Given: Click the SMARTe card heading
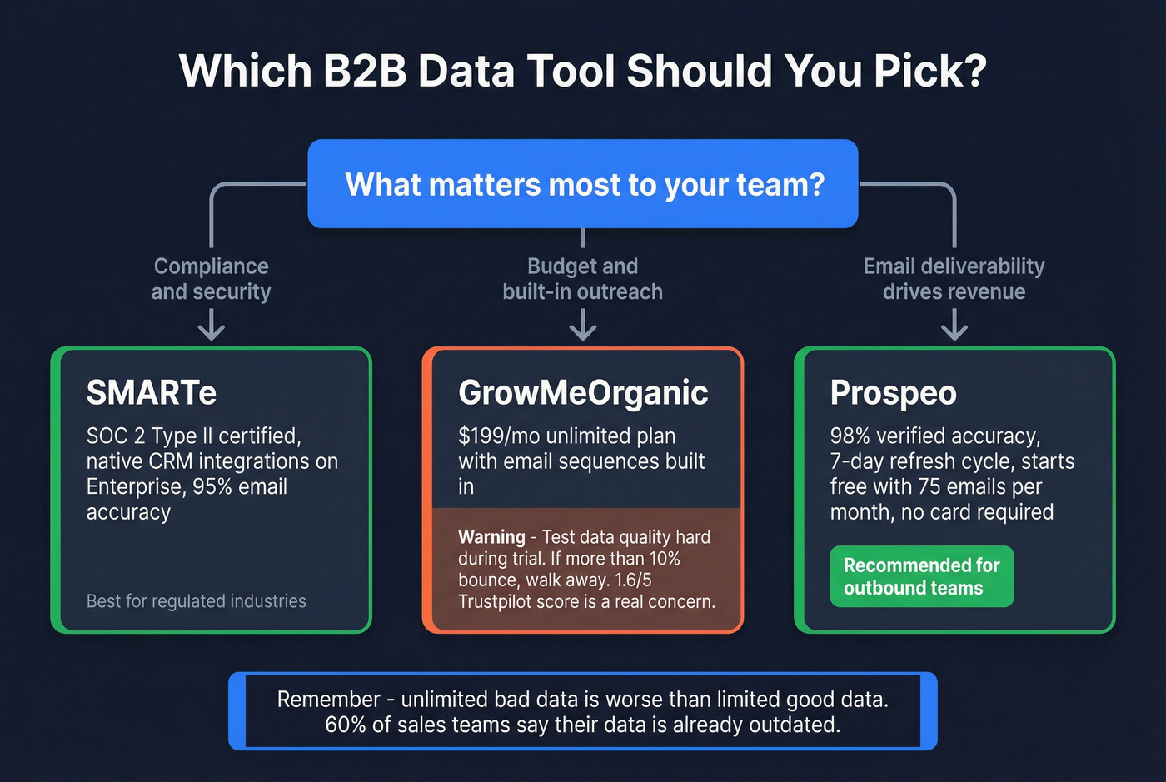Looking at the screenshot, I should point(152,392).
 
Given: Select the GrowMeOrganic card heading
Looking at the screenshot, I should point(583,392).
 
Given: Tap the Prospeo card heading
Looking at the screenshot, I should point(893,392).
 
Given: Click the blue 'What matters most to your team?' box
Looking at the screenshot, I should point(583,184).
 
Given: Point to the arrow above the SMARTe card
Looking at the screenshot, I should point(212,324).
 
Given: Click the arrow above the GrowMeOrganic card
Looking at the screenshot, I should point(583,324).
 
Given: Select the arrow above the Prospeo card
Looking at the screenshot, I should point(954,324).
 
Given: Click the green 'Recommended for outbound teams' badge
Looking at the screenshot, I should point(921,576).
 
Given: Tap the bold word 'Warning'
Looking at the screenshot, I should point(491,537).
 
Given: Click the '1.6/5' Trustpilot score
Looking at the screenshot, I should point(633,580).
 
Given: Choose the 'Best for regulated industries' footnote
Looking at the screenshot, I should point(197,601).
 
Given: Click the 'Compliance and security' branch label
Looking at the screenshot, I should point(212,279).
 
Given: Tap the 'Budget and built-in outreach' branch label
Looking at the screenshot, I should point(583,279).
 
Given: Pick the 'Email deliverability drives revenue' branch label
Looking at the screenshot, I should point(954,279).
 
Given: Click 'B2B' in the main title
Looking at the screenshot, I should point(364,71).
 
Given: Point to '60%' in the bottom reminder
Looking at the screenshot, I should point(345,725).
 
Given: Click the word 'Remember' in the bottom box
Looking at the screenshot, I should point(328,700).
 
